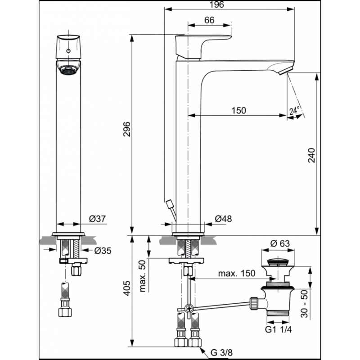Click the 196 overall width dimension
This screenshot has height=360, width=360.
click(x=217, y=4)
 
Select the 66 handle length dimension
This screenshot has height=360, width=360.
click(x=209, y=20)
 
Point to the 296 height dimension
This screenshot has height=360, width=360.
click(x=127, y=129)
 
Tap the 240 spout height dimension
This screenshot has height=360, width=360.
click(x=311, y=155)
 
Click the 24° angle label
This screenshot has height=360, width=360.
click(x=295, y=111)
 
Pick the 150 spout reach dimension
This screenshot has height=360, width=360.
click(x=239, y=110)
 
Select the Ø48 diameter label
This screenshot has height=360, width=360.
click(x=223, y=219)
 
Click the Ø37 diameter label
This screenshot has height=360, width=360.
click(x=98, y=219)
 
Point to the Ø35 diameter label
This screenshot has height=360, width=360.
click(x=103, y=251)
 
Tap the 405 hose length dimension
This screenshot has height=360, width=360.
click(x=127, y=288)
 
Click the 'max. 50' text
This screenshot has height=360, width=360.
click(x=143, y=276)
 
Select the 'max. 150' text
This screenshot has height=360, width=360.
click(x=237, y=273)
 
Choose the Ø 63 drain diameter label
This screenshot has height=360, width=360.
click(x=280, y=243)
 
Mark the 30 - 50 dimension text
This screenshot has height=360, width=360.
click(x=304, y=303)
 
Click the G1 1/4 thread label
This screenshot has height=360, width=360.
click(x=278, y=330)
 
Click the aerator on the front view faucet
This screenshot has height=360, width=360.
click(x=68, y=70)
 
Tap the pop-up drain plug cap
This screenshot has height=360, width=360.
click(x=278, y=262)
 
